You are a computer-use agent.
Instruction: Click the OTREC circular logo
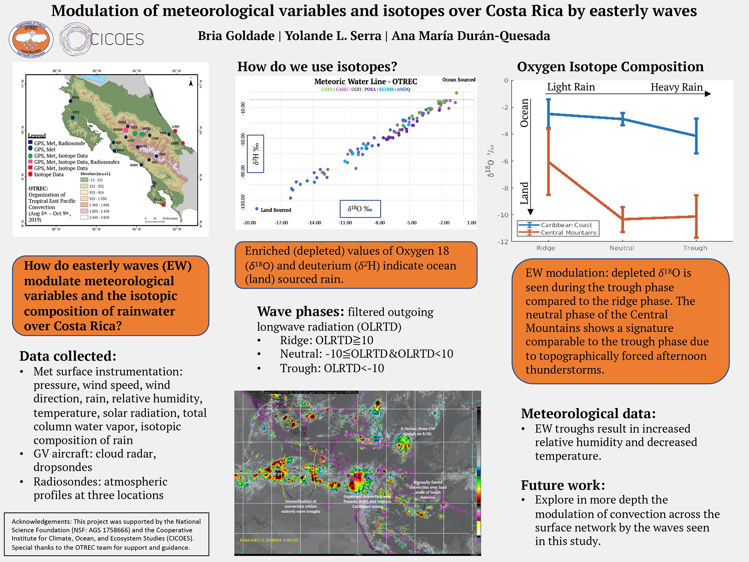tap(31, 39)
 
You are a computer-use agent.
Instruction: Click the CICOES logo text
tap(117, 39)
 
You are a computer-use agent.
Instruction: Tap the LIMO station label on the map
tap(175, 127)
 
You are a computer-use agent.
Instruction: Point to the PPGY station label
tap(76, 97)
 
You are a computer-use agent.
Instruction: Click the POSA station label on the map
tap(158, 200)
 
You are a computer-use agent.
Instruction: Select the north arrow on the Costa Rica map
tap(191, 82)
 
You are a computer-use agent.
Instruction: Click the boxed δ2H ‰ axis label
tap(256, 154)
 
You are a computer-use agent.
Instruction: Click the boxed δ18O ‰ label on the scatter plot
tap(360, 209)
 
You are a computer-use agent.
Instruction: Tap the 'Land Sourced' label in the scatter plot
tap(276, 210)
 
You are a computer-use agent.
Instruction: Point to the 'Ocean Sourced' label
tap(459, 80)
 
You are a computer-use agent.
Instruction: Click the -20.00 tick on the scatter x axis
tap(249, 223)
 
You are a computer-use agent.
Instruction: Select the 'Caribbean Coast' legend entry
tap(566, 225)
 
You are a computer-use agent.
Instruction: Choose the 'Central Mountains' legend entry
tap(568, 233)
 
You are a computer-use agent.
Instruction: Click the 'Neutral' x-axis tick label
tap(622, 248)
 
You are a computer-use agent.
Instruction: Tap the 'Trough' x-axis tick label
tap(695, 248)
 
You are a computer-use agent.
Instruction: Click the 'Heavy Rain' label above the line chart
tap(676, 87)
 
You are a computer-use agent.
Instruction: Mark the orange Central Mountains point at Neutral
tap(622, 219)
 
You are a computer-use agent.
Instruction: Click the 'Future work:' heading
tap(563, 485)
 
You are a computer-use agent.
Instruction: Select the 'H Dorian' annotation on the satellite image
tap(418, 431)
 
